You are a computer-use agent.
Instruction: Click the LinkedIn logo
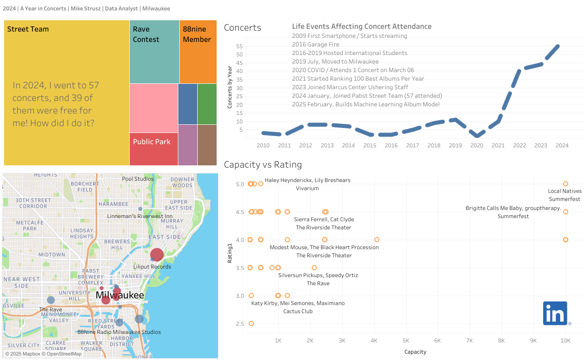555,313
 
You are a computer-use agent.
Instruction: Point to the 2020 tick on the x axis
476,146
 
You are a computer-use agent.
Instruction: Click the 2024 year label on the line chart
562,146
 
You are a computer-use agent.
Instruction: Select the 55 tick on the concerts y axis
239,46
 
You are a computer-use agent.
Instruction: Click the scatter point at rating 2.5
251,324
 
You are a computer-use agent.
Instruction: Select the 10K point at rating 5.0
566,184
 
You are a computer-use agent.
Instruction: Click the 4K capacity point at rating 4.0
377,240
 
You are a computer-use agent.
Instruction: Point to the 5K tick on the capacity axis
406,341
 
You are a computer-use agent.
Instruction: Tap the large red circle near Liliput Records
157,255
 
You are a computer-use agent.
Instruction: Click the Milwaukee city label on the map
120,296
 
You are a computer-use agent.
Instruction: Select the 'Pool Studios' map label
138,179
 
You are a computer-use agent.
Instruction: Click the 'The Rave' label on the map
50,310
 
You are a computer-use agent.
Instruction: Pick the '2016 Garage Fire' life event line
316,44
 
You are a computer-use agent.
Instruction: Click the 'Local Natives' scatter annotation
565,191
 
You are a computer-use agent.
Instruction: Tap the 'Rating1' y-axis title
229,254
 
